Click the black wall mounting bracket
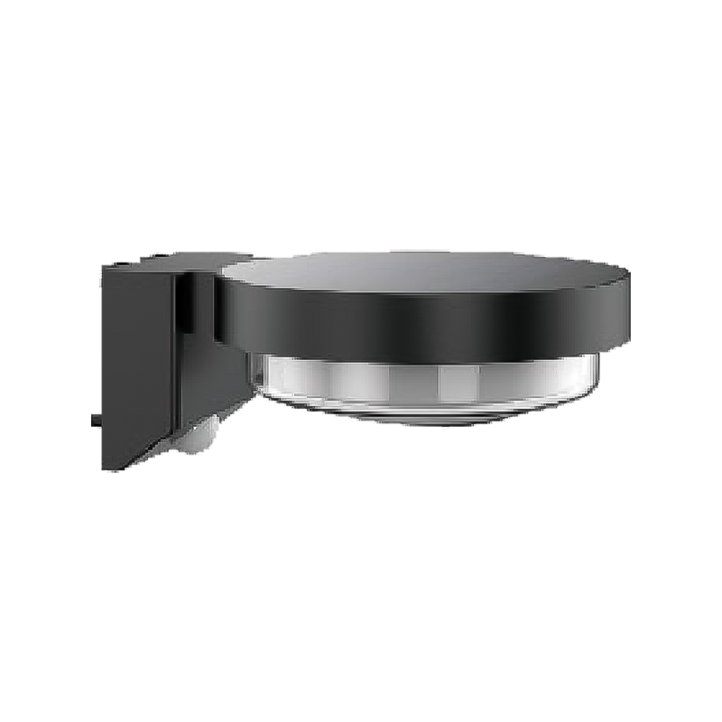click(x=135, y=361)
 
